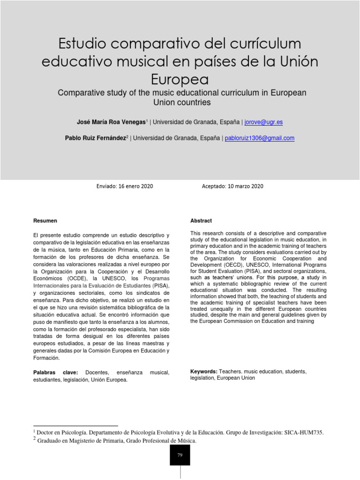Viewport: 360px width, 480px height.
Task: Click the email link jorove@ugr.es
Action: point(263,122)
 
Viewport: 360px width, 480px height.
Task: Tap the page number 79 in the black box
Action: point(180,455)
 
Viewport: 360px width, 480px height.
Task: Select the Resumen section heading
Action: point(45,221)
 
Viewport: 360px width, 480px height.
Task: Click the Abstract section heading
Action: point(201,221)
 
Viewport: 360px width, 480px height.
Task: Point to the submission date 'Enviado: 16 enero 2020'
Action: point(124,187)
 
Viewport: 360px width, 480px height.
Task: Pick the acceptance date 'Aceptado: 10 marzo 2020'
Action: point(232,187)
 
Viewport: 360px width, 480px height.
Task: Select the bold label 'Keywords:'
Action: point(203,371)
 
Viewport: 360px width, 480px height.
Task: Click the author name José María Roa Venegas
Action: point(111,122)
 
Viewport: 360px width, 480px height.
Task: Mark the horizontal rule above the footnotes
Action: point(75,426)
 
